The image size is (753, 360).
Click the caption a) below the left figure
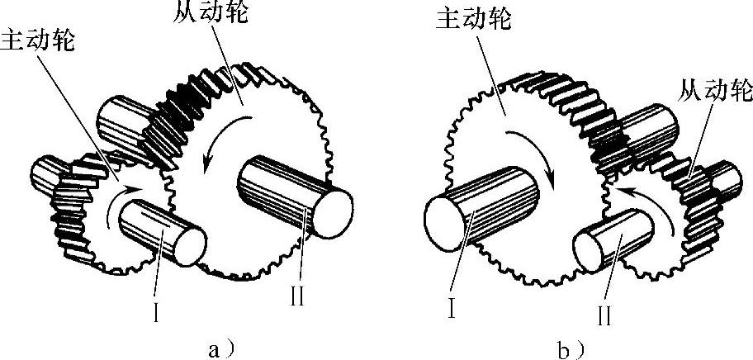(x=213, y=347)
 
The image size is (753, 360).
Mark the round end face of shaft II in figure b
(x=594, y=250)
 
